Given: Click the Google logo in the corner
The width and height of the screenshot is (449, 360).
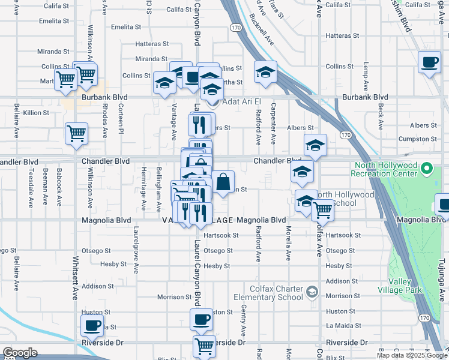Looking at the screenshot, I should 19,353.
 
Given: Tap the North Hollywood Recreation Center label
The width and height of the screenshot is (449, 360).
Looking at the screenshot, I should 385,169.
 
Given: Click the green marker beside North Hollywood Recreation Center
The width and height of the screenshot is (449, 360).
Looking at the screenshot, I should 427,167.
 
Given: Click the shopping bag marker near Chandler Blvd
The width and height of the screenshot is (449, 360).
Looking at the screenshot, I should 223,181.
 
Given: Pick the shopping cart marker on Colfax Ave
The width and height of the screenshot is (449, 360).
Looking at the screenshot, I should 323,209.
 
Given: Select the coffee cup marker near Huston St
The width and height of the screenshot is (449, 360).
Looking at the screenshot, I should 202,319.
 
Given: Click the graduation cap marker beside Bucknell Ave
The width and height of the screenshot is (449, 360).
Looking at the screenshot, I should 265,72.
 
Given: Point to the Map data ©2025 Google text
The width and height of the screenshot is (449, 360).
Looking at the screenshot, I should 412,355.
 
